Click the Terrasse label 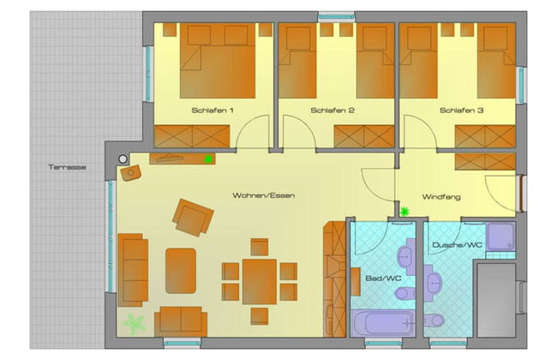(x=67, y=167)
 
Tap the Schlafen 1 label (x=213, y=111)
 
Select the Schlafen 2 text (x=332, y=111)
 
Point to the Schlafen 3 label (x=461, y=111)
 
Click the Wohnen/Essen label (x=264, y=195)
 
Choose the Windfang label (x=441, y=196)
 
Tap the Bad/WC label (x=383, y=278)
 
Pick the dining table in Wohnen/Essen (x=260, y=282)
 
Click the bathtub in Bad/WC (x=383, y=322)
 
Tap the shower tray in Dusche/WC (x=500, y=237)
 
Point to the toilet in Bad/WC (x=405, y=293)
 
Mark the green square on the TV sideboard (x=208, y=159)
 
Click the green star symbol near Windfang (x=404, y=212)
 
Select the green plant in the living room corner (x=134, y=325)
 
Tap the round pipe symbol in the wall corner (x=123, y=159)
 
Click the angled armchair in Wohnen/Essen (x=193, y=218)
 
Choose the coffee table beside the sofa (x=181, y=271)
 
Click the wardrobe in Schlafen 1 (x=192, y=136)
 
